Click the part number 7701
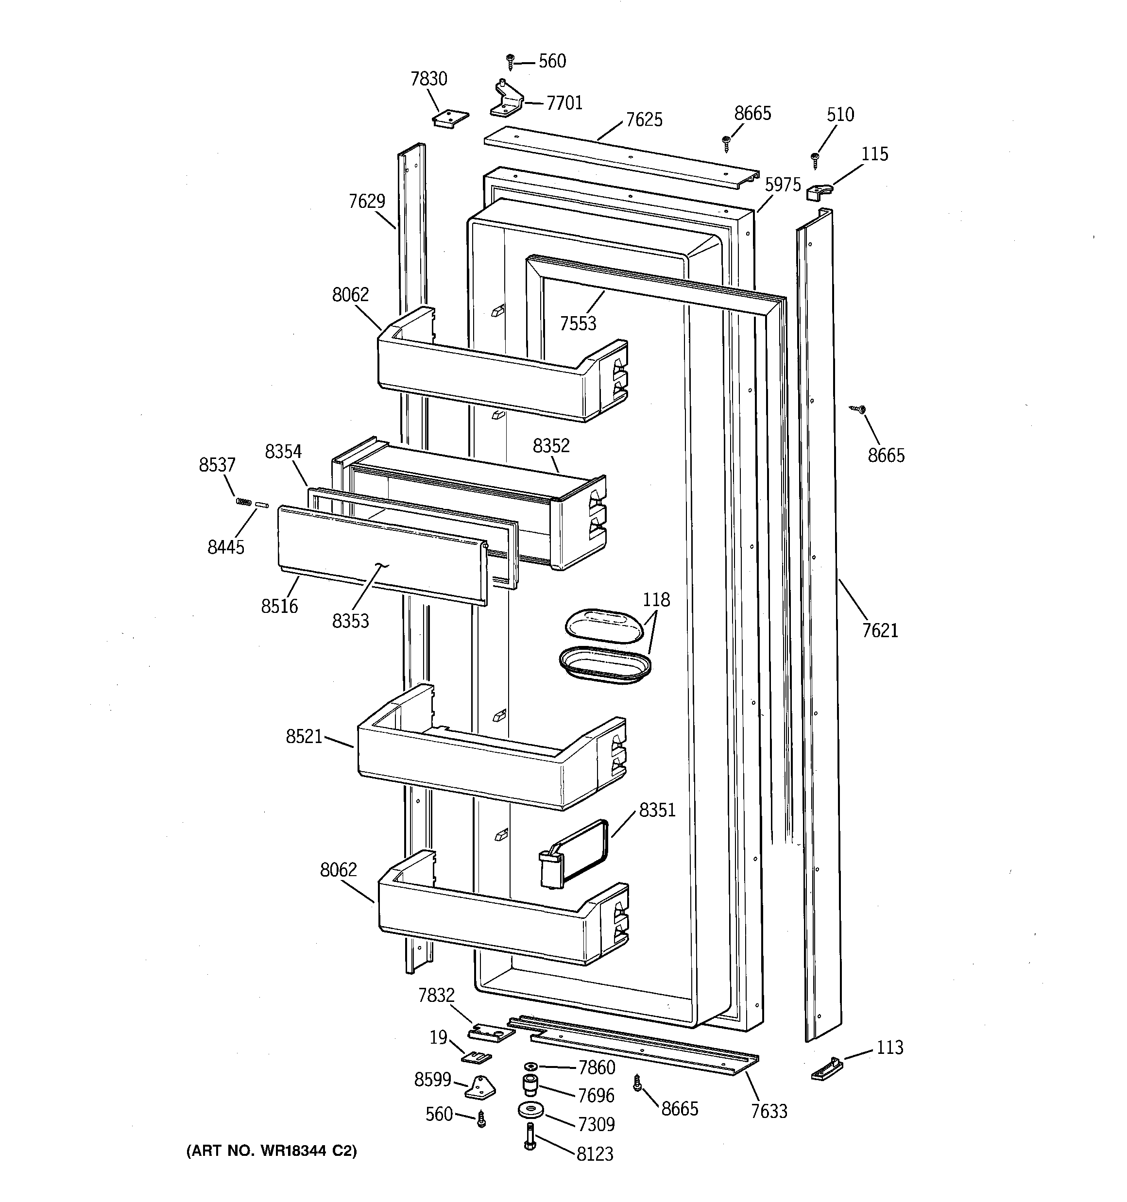(564, 103)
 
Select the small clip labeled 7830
(451, 118)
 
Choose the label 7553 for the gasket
(578, 323)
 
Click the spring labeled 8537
(243, 501)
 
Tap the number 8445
(225, 547)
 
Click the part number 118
(656, 599)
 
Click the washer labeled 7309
(530, 1110)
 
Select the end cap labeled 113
(827, 1069)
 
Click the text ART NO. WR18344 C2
(272, 1151)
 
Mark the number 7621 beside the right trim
(880, 631)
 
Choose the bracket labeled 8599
(480, 1086)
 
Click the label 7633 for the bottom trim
(769, 1111)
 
